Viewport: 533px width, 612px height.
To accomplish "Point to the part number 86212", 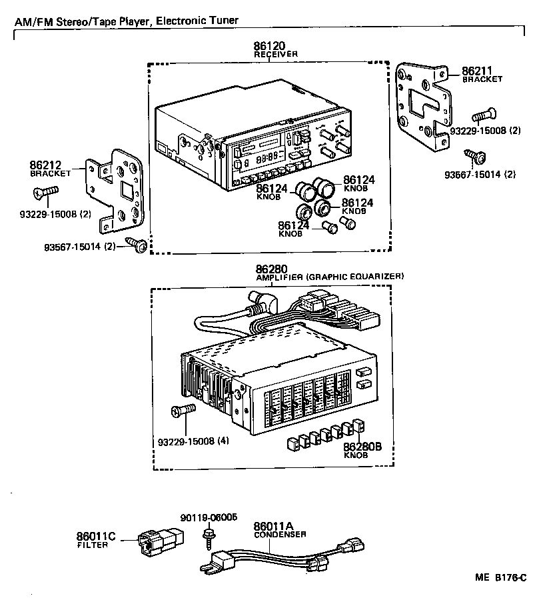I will [x=45, y=165].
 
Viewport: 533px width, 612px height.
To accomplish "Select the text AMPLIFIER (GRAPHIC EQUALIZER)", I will [x=329, y=276].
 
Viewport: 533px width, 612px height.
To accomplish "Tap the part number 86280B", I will [x=362, y=447].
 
